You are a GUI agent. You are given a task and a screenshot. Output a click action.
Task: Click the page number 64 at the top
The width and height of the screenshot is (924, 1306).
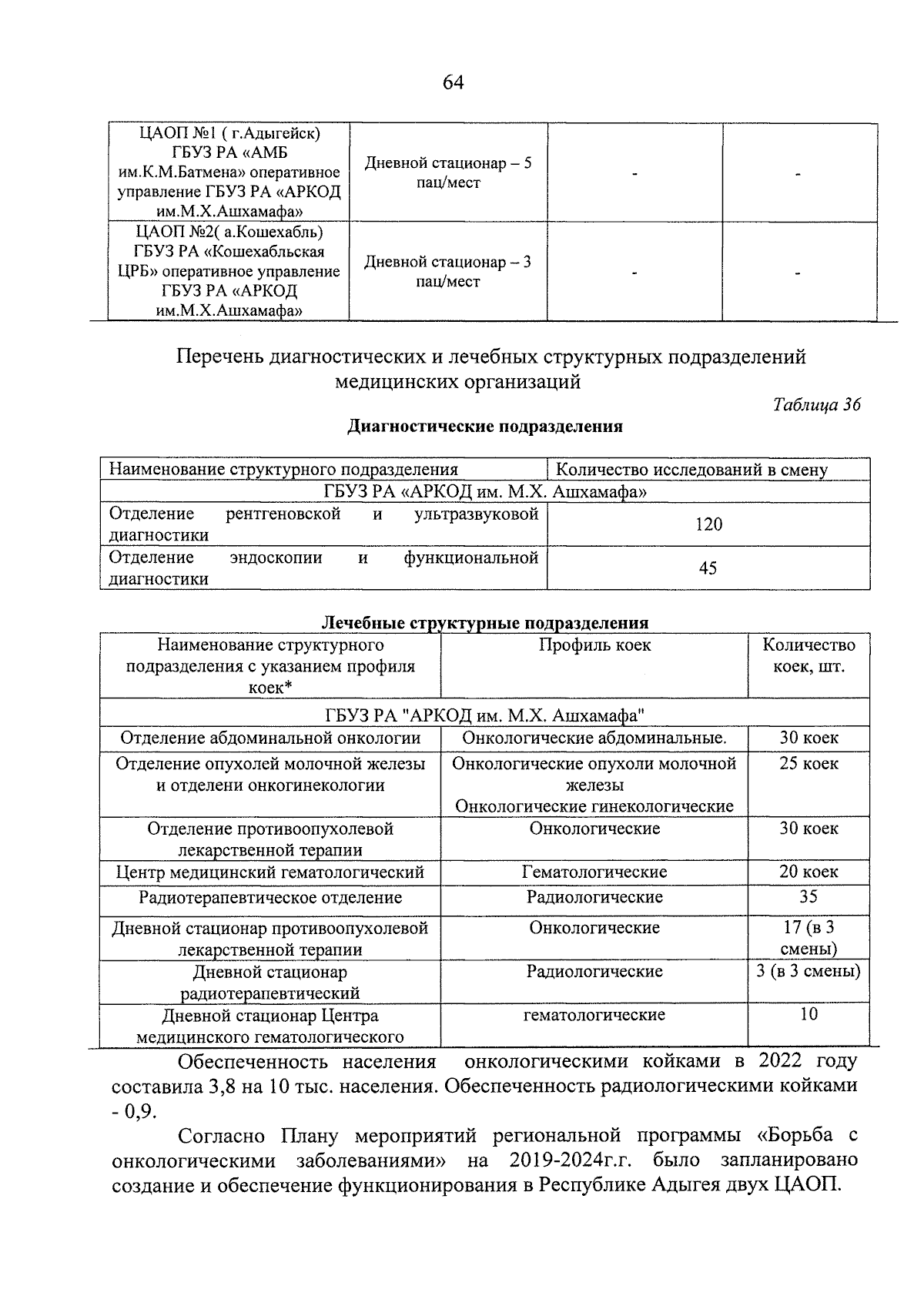coord(453,82)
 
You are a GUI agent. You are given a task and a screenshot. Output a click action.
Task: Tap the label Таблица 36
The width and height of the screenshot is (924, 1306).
coord(816,405)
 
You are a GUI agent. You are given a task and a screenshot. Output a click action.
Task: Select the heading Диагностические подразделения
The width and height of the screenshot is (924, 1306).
coord(485,427)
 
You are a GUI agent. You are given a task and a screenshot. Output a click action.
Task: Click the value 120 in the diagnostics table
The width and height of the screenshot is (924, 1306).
coord(708,524)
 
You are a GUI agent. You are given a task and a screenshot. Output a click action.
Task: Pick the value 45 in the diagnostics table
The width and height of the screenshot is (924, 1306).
coord(708,568)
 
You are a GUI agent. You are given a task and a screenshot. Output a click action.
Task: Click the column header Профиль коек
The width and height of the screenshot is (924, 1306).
coord(594,645)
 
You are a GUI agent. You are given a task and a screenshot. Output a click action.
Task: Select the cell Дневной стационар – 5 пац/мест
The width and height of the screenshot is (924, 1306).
coord(447,172)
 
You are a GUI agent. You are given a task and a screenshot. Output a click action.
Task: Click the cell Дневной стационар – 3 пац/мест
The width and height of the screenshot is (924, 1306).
coord(447,271)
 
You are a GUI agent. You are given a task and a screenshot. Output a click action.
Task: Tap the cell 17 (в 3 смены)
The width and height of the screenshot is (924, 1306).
coord(808,938)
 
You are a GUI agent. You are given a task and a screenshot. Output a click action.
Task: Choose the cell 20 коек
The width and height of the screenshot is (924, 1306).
coord(808,872)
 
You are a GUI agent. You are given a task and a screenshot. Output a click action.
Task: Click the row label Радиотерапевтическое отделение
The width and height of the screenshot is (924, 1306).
coord(270,898)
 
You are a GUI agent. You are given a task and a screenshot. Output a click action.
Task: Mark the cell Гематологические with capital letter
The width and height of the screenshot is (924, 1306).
coord(594,872)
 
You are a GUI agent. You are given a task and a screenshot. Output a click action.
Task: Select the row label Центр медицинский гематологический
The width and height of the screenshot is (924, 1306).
coord(270,872)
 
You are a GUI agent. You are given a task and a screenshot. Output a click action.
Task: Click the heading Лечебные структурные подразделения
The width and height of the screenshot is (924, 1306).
coord(484,622)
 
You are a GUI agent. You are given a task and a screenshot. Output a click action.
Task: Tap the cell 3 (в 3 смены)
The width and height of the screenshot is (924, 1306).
coord(808,971)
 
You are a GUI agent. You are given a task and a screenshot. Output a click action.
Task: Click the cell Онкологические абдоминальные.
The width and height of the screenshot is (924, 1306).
coord(594,738)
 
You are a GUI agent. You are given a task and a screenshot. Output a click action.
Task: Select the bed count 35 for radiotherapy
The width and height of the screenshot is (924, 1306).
coord(808,896)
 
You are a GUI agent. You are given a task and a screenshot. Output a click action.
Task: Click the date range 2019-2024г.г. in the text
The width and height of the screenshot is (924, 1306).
coord(571,1160)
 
